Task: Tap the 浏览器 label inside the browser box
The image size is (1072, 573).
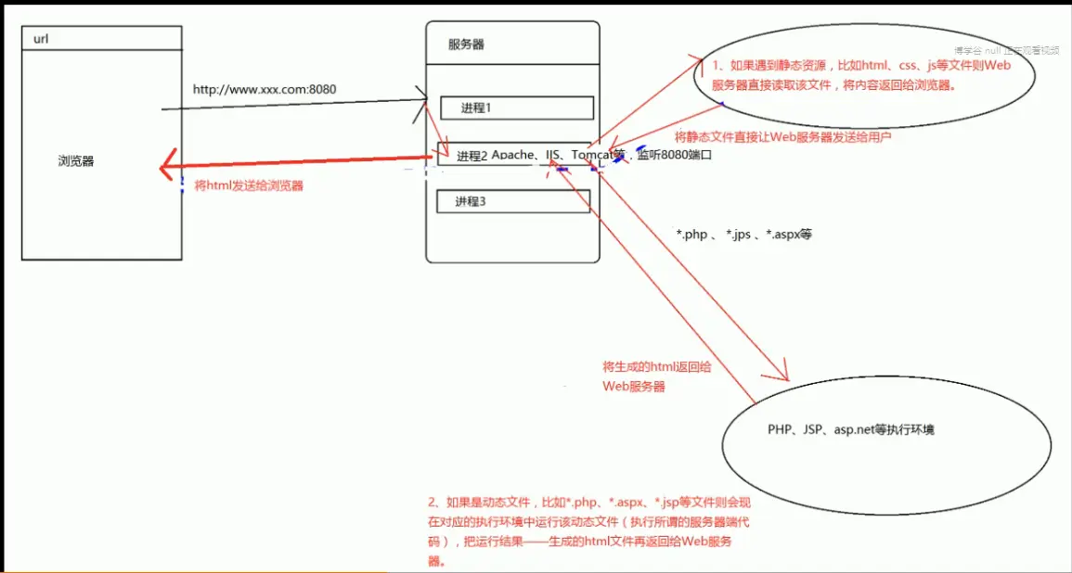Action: click(x=76, y=161)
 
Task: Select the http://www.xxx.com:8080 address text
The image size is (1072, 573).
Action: click(x=265, y=90)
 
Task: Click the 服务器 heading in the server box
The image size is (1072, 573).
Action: click(x=466, y=45)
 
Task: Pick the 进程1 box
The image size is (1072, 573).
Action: click(x=516, y=108)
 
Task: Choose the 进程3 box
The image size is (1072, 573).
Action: click(x=512, y=201)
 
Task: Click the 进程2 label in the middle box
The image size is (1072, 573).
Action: click(x=472, y=156)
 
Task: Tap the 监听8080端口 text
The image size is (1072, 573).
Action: click(x=675, y=156)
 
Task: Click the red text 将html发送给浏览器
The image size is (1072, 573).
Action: click(x=249, y=185)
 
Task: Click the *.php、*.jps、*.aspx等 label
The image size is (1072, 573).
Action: click(x=744, y=235)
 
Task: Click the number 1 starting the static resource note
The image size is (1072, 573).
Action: click(x=717, y=66)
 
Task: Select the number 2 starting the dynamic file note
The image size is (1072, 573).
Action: click(x=420, y=503)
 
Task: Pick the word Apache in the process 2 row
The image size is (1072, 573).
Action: click(x=513, y=155)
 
